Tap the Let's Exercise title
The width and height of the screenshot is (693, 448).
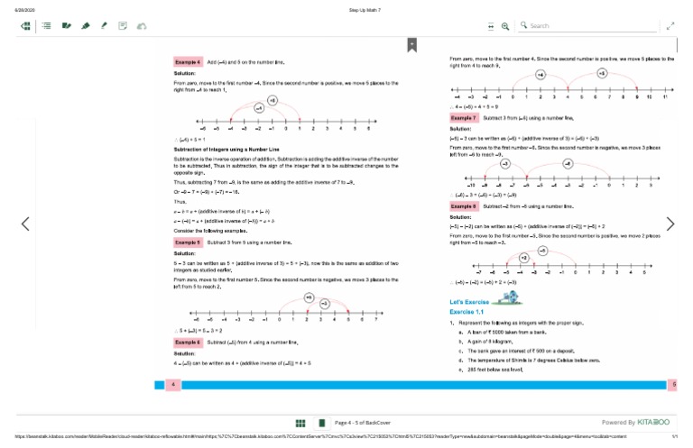click(469, 300)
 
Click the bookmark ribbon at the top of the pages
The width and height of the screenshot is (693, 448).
click(411, 43)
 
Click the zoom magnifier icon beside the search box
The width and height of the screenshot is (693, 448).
click(505, 26)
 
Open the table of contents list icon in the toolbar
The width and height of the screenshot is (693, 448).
click(46, 26)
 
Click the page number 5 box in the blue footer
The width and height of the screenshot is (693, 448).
click(674, 385)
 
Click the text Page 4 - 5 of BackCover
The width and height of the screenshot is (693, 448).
click(362, 422)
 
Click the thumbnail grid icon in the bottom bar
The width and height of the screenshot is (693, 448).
click(300, 422)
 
